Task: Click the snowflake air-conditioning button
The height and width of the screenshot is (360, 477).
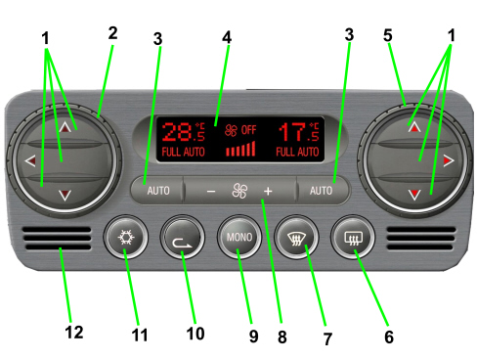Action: tap(126, 237)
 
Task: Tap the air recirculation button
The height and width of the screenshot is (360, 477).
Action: tap(183, 237)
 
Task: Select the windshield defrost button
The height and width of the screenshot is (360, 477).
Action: tap(296, 237)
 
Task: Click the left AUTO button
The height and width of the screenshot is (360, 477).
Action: tap(158, 191)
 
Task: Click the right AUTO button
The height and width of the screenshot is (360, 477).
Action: tap(322, 191)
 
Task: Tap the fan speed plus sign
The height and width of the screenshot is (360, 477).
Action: tap(268, 191)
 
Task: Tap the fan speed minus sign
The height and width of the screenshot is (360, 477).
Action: tap(211, 192)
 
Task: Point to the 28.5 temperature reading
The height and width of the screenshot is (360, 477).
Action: tap(183, 132)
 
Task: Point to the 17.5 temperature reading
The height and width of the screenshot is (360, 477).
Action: tap(299, 132)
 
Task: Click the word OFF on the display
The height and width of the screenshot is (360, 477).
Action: tap(248, 130)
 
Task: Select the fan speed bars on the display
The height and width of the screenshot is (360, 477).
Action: tap(240, 149)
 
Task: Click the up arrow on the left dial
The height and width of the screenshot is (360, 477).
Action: tap(65, 127)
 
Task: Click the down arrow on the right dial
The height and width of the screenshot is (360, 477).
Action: tap(414, 195)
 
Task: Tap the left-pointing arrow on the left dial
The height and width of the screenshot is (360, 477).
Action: tap(30, 160)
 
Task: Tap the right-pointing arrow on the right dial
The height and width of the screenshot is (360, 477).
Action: tap(449, 160)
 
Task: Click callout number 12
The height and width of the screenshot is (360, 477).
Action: tap(74, 333)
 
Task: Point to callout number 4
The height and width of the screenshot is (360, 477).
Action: tap(227, 37)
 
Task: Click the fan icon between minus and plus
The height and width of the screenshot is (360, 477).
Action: tap(239, 191)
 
